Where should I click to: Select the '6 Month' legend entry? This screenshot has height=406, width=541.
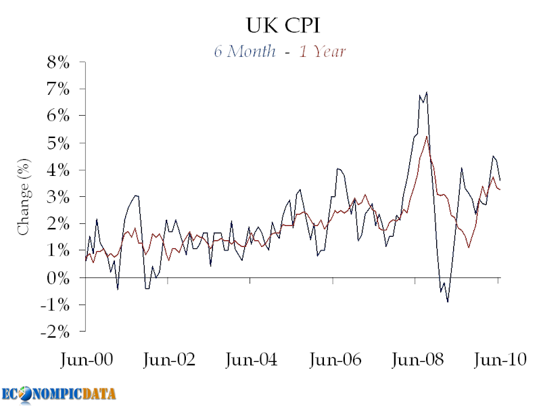point(244,51)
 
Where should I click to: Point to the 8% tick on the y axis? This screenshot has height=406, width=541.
point(57,62)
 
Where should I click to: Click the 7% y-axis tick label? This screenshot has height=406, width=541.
point(57,89)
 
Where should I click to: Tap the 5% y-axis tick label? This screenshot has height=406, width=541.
point(57,143)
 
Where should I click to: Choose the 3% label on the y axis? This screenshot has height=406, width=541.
point(57,197)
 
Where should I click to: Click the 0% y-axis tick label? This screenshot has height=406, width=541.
point(57,278)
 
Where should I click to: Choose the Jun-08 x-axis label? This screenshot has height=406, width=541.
point(417,360)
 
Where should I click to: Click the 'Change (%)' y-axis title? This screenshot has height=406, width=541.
point(24,197)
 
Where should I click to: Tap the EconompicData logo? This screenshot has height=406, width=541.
point(59,393)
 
